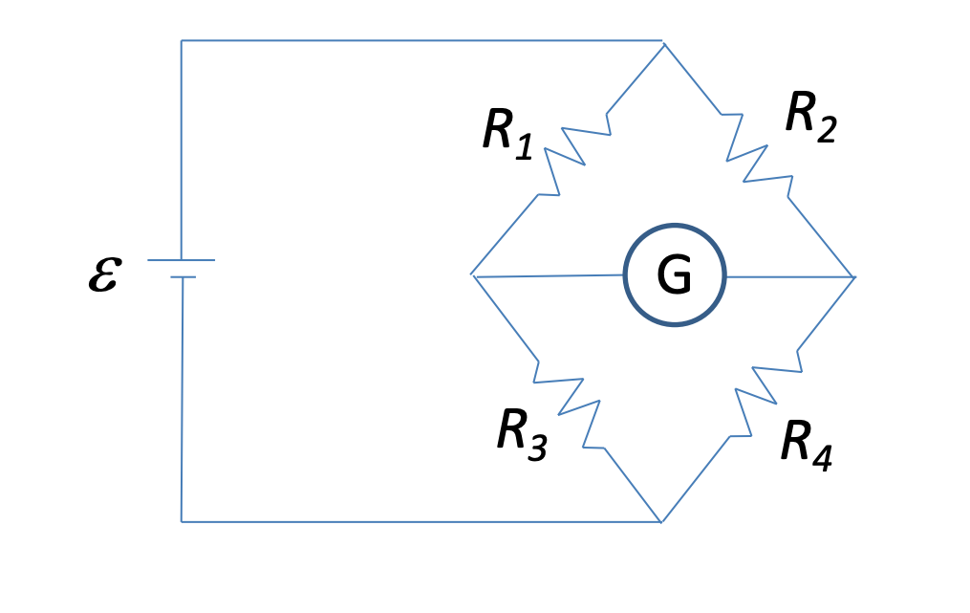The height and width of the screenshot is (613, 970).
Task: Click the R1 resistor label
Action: coord(507,133)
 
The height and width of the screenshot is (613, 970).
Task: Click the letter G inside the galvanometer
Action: coord(674,277)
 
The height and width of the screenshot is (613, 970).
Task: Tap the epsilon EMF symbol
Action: coord(103,274)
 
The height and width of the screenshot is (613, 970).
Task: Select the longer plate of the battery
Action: coord(182,260)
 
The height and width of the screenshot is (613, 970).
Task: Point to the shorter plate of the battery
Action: coord(183,277)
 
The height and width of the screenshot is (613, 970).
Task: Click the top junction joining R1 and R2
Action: coord(663,42)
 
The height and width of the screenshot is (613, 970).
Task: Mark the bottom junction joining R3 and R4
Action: coord(661,522)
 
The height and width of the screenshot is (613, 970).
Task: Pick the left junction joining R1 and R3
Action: coord(473,275)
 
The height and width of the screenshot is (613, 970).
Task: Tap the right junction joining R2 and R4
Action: coord(853,277)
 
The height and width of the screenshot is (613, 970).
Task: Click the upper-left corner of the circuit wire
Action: coord(182,41)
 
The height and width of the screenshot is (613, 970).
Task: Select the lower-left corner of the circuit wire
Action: coord(182,521)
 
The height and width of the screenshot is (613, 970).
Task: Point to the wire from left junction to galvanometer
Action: coord(549,276)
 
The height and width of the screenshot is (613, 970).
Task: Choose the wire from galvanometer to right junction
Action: coord(789,277)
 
